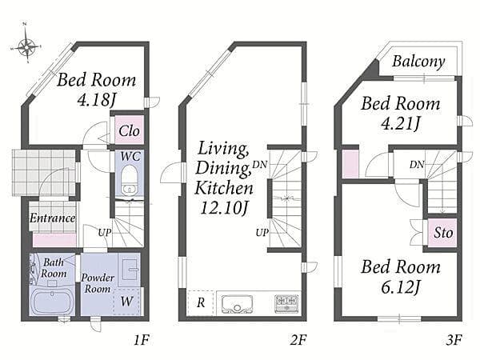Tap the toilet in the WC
point(129,180)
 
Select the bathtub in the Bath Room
point(52,302)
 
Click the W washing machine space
point(126,302)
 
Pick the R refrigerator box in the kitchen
point(201,302)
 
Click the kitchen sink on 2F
point(237,304)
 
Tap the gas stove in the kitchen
point(286,304)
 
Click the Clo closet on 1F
point(129,130)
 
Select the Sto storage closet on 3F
point(442,233)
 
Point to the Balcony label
point(418,62)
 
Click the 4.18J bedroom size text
point(97,99)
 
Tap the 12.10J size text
point(224,208)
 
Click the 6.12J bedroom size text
point(401,287)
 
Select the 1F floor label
point(142,339)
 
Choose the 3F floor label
point(454,339)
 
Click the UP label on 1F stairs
point(105,233)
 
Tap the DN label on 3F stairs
point(417,165)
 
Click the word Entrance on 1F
point(52,218)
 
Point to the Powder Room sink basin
point(129,270)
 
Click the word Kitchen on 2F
point(224,188)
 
